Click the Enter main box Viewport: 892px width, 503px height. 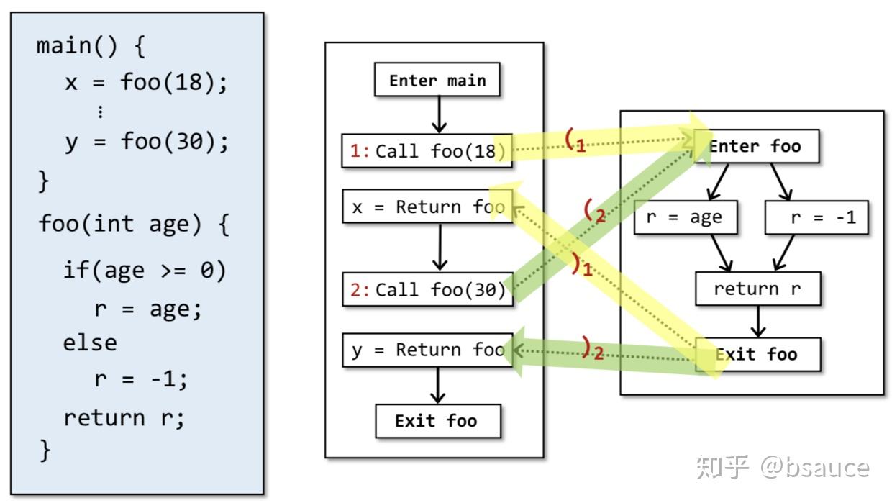437,80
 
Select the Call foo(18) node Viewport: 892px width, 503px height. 427,150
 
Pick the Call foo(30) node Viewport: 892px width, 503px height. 427,289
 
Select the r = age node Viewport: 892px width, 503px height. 685,217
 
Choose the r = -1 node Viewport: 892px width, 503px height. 816,217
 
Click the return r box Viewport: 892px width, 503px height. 757,289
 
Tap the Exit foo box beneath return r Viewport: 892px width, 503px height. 757,354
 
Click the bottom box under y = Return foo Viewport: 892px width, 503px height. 437,420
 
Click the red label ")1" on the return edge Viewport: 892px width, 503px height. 581,266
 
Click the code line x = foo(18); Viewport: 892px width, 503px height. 147,82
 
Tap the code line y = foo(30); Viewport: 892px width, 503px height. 147,141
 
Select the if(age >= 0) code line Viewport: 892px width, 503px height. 145,271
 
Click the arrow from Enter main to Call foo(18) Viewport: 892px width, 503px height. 437,114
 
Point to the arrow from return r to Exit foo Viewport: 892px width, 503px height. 757,321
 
